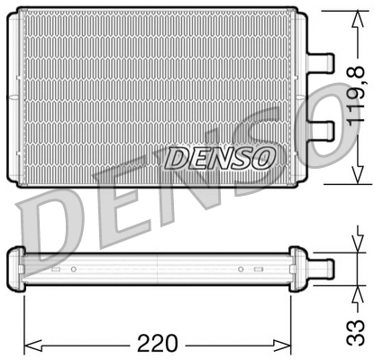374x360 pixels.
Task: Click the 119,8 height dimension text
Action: pyautogui.click(x=356, y=95)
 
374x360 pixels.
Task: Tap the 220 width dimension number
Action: pyautogui.click(x=158, y=343)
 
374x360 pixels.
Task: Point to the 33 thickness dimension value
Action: pyautogui.click(x=356, y=333)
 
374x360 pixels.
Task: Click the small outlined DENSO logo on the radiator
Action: pyautogui.click(x=219, y=157)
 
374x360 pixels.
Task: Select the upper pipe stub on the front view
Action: pyautogui.click(x=320, y=62)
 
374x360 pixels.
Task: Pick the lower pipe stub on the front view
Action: pyautogui.click(x=320, y=131)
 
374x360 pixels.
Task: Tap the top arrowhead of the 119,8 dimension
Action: pyautogui.click(x=358, y=15)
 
